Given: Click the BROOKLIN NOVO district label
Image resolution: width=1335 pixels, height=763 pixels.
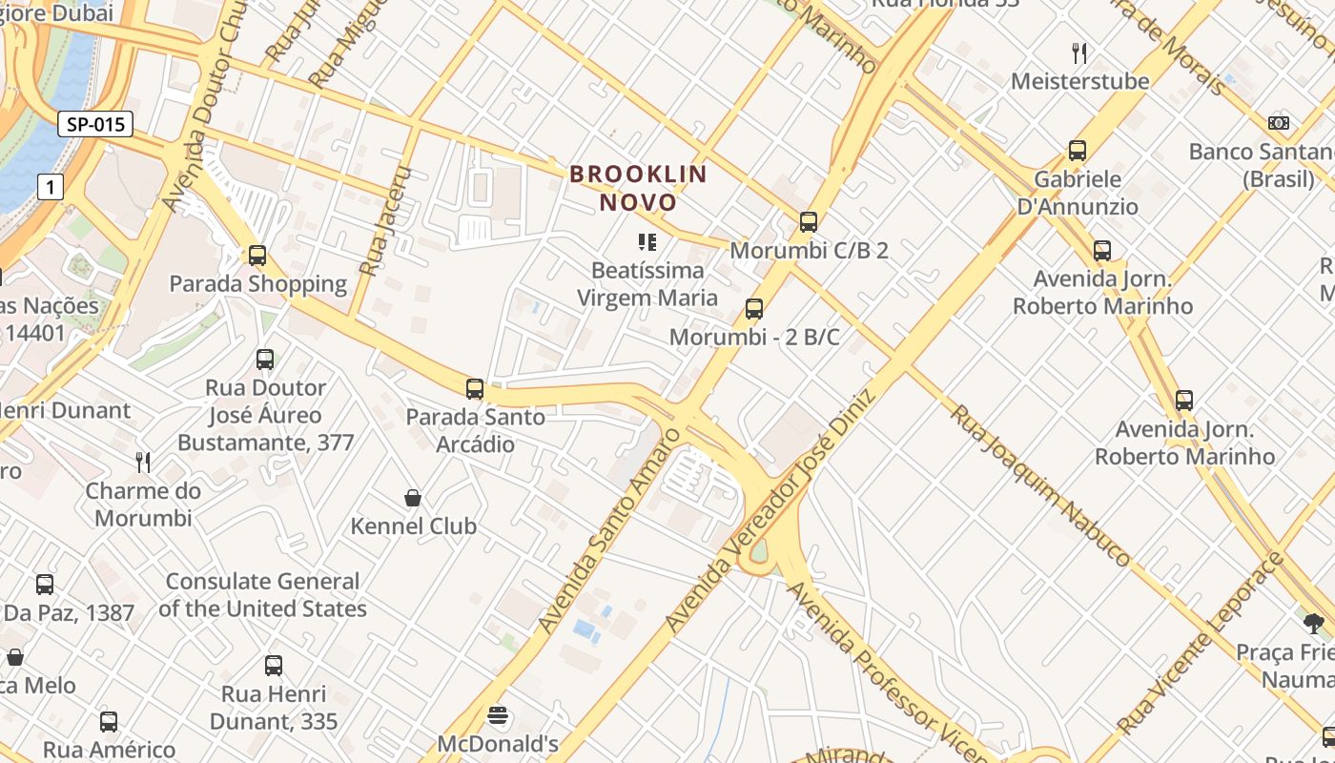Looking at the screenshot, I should point(638,188).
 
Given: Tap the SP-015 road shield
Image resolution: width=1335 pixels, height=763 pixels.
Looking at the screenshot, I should point(94,124).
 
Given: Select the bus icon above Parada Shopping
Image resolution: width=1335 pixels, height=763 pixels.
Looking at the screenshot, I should point(257,256).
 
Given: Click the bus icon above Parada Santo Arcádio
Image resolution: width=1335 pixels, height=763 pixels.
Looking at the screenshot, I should point(475,389).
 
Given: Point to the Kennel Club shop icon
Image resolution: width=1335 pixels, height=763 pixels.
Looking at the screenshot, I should point(413,498).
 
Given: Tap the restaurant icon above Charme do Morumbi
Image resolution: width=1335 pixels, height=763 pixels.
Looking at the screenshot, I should point(143,463).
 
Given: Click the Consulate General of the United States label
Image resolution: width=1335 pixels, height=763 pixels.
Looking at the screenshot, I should point(262,595).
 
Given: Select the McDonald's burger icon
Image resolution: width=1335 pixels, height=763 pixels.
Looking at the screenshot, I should point(497,715).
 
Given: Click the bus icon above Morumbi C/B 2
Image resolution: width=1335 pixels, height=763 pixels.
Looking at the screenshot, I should point(809,222).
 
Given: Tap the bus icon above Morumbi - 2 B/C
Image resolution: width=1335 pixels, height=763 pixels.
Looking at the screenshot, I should point(754,309).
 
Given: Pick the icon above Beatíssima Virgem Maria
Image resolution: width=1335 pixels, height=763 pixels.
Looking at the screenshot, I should point(647,242).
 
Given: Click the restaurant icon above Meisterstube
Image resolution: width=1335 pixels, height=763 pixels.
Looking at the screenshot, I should point(1079,52).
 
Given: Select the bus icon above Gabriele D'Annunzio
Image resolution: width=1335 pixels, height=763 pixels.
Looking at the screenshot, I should point(1078,151).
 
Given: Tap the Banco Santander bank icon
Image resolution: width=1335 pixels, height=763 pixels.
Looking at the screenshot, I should point(1279,123).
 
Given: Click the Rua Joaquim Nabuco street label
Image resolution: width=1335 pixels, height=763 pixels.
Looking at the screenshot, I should point(1040,485).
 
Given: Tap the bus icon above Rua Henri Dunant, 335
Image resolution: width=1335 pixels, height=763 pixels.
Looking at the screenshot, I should point(274,666).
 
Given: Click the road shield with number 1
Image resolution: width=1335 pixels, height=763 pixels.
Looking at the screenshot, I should point(51,187).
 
